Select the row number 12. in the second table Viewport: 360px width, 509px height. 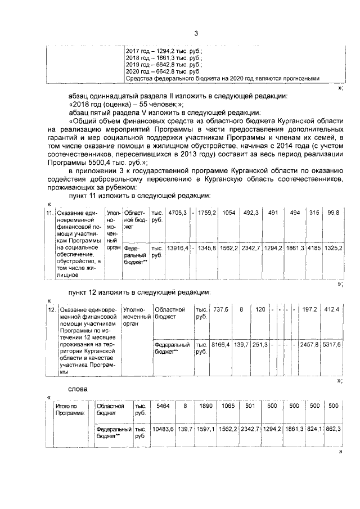(x=51, y=309)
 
